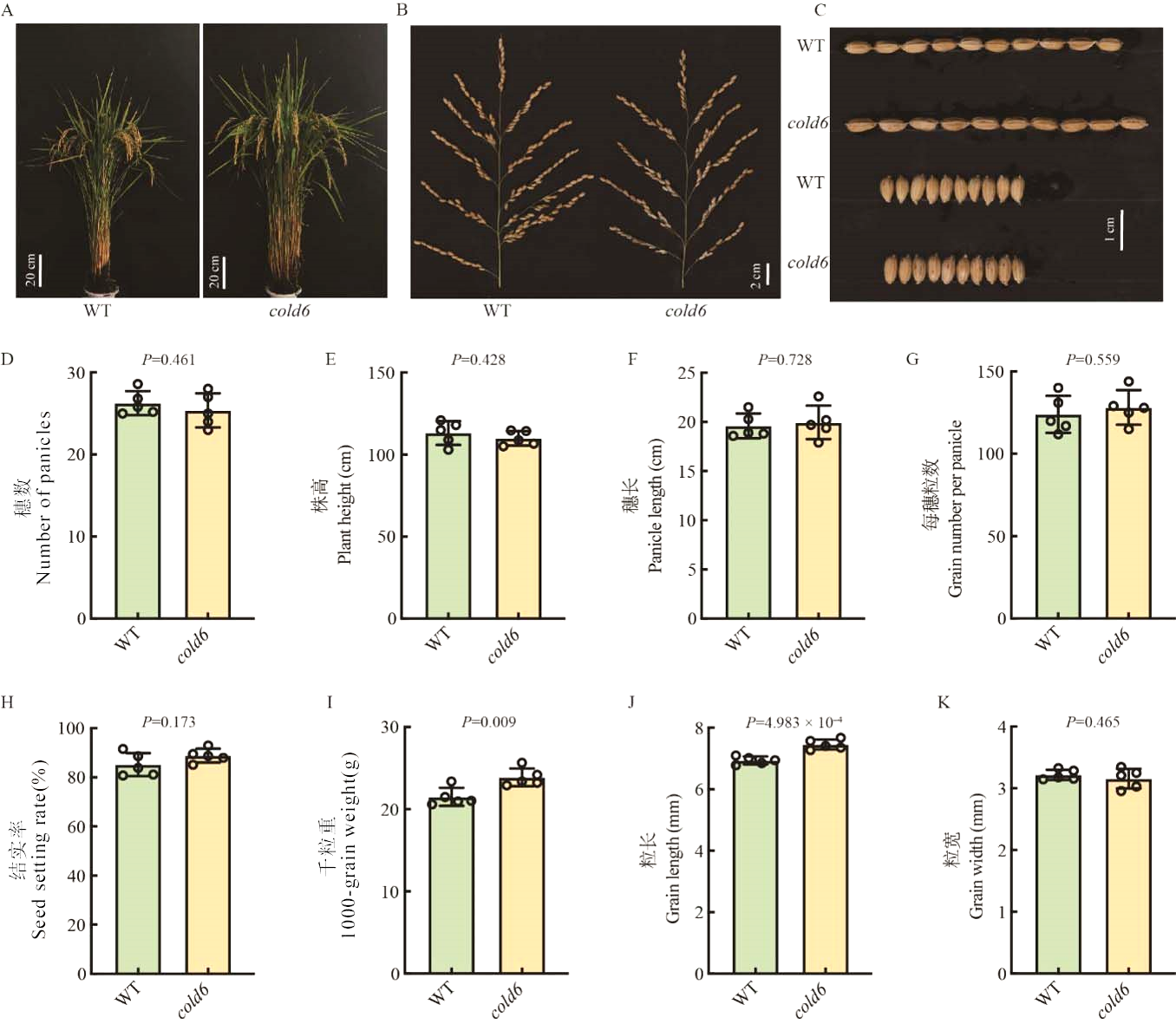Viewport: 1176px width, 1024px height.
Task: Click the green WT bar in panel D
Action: click(x=138, y=512)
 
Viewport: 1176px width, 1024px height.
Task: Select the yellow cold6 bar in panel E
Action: click(x=519, y=529)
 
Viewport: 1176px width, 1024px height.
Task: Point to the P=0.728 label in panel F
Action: click(x=784, y=359)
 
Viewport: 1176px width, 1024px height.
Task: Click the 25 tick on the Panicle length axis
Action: click(x=687, y=373)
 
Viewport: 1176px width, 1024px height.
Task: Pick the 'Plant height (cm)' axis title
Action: click(x=344, y=504)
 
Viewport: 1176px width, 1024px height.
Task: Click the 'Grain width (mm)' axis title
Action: click(x=977, y=855)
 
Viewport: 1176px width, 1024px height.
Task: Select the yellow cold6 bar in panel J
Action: click(x=825, y=858)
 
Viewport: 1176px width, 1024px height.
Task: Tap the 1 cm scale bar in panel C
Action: click(x=1120, y=230)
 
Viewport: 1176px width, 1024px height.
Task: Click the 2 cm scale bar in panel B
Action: click(x=767, y=275)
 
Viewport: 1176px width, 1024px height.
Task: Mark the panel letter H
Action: click(x=8, y=701)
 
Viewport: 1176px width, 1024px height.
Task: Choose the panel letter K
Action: click(x=944, y=701)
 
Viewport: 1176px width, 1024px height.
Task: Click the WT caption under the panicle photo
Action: click(x=497, y=310)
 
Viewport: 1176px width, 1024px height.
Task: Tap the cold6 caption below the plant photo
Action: click(x=289, y=310)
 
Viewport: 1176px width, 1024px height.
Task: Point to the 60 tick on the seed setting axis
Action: click(x=76, y=826)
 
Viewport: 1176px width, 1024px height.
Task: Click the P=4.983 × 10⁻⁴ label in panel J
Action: click(x=794, y=722)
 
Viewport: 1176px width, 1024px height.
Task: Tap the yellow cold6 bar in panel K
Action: click(x=1128, y=876)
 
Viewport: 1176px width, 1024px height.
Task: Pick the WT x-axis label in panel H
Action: click(x=127, y=994)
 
